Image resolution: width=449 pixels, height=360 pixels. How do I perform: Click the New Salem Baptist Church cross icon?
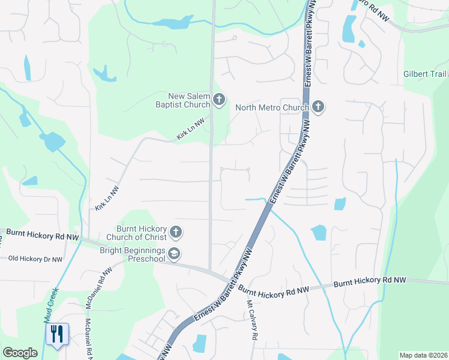coord(219,100)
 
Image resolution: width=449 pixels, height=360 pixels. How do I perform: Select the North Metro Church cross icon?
coord(318,107)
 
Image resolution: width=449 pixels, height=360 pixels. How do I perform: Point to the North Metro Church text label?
coord(272,108)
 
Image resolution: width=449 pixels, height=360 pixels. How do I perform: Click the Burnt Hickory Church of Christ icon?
coord(175,232)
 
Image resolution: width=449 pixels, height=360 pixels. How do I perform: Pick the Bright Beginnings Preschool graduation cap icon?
coord(174,254)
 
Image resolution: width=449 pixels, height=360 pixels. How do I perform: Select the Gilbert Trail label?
coord(424,74)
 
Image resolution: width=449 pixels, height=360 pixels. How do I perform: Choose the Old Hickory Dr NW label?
coord(35,259)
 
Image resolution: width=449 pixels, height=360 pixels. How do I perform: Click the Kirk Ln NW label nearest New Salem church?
coord(191,133)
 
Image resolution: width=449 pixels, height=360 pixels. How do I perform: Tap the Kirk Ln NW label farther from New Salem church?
coord(107,198)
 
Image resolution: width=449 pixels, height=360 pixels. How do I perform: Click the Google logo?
coord(20,353)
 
